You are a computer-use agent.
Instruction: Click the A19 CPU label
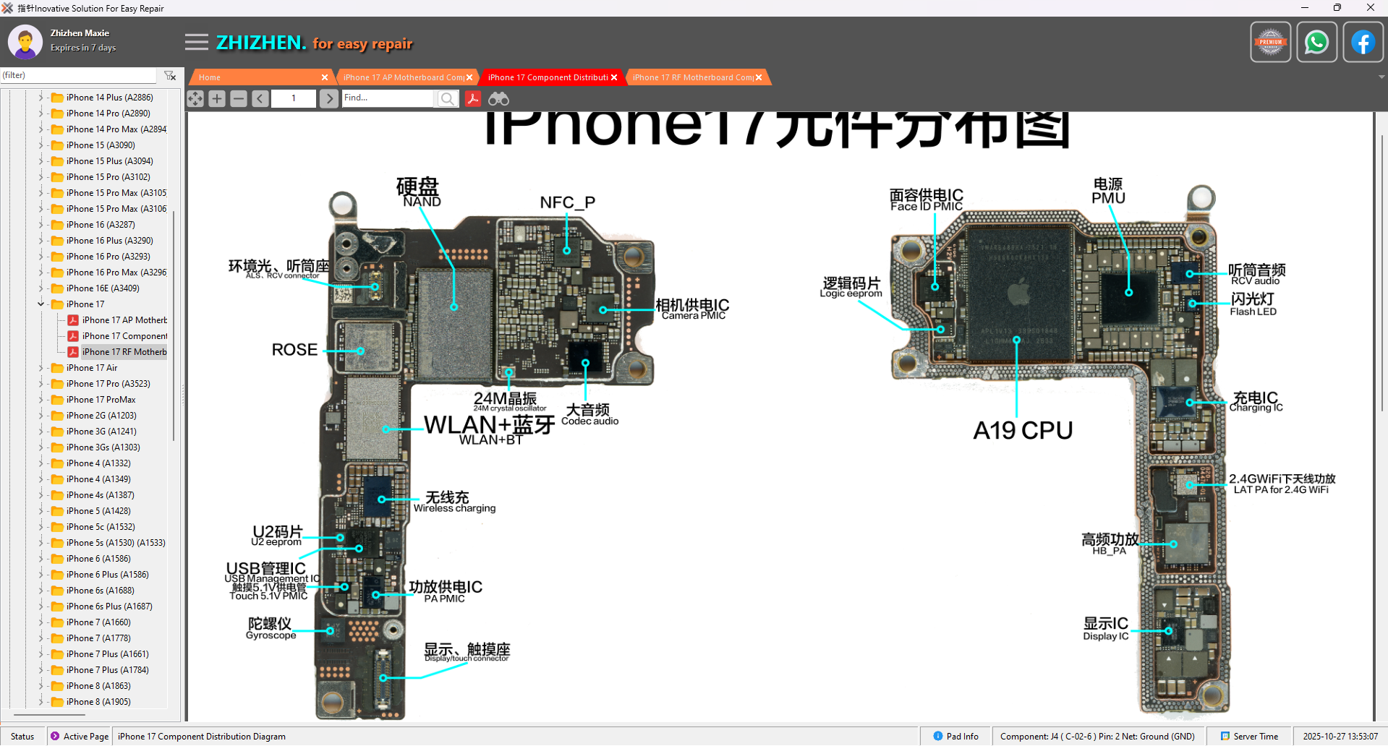point(1023,431)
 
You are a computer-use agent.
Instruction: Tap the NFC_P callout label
point(568,203)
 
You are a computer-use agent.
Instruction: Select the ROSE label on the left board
point(294,350)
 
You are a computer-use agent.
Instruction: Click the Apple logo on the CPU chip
point(1018,293)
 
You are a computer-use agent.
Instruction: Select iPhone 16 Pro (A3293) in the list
point(108,257)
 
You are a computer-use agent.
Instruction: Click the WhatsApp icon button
point(1316,43)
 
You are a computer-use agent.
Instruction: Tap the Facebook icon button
point(1363,43)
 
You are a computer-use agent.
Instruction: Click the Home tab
point(210,77)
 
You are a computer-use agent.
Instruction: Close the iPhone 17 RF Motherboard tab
point(759,77)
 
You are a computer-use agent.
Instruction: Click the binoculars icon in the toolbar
point(498,99)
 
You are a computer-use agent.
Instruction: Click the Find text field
point(388,98)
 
